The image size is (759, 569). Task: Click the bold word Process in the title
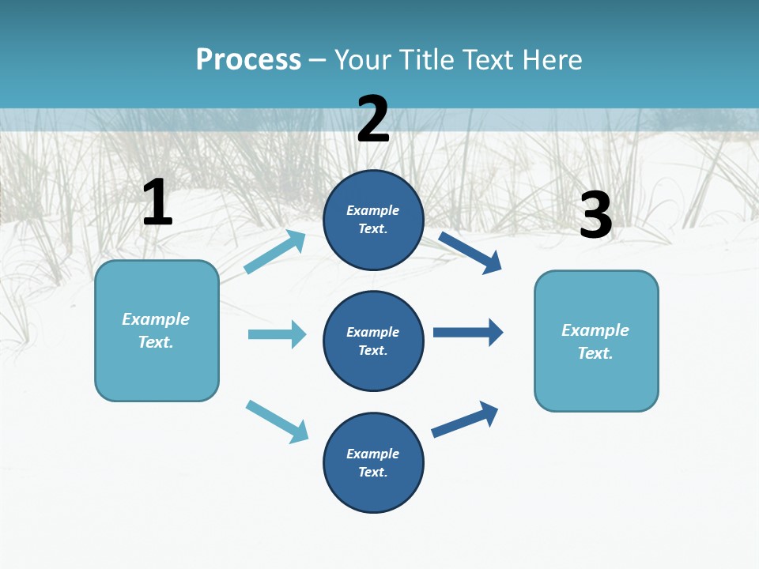[248, 60]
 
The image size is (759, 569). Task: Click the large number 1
[157, 203]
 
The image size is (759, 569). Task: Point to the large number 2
[373, 119]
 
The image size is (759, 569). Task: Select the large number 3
[595, 215]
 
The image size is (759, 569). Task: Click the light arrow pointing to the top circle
[275, 251]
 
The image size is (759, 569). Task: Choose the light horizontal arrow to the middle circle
[277, 334]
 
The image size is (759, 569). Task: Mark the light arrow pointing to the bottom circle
[277, 421]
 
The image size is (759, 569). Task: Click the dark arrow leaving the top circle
[470, 252]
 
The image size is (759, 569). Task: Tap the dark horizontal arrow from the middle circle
[468, 333]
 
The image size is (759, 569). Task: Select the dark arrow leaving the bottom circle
[465, 419]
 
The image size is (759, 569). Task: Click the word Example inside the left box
[156, 319]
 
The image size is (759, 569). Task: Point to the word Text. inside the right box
[595, 353]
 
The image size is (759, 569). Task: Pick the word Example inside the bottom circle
[373, 454]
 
